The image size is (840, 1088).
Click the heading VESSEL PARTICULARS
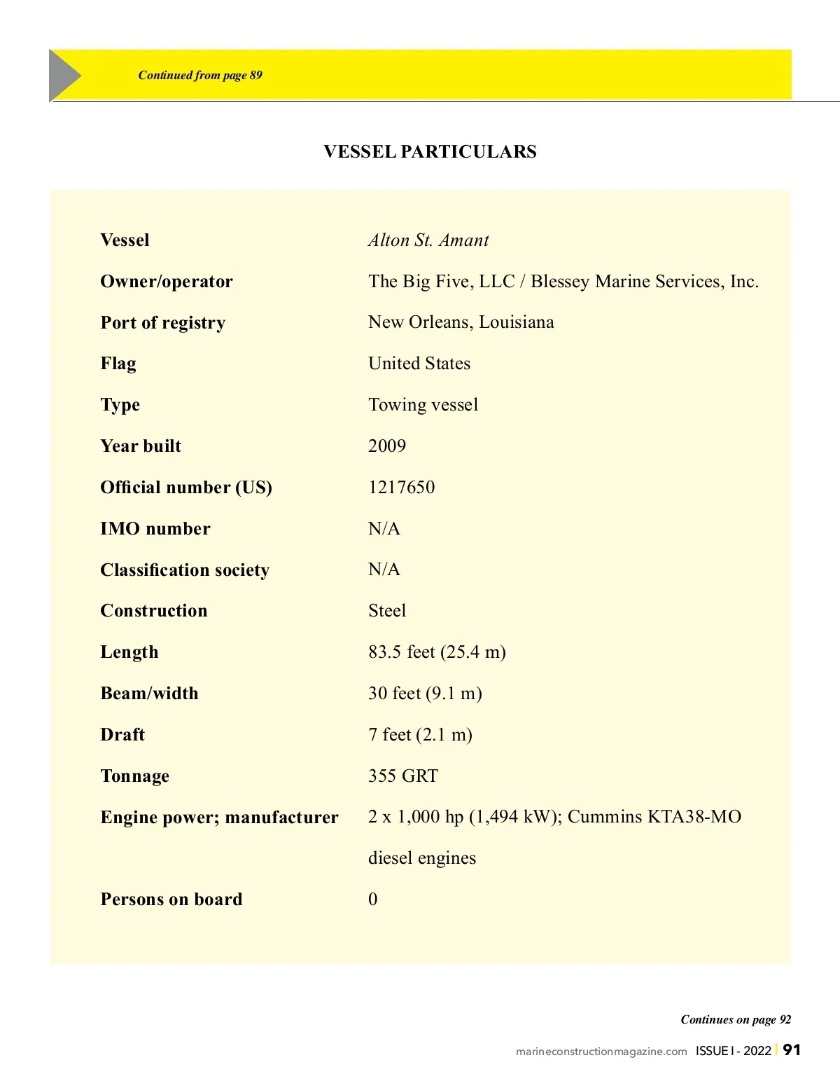430,151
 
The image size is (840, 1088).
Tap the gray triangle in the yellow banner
64,75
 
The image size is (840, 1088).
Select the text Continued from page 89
200,75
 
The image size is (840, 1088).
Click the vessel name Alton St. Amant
428,240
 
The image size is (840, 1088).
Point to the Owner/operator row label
167,282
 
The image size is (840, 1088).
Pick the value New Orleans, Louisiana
461,322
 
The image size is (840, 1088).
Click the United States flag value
419,364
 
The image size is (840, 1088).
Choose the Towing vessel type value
423,405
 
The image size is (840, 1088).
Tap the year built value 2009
387,446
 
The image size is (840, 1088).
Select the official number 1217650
401,488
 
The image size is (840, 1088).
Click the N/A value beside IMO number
384,529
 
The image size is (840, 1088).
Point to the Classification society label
185,570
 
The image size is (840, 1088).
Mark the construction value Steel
387,611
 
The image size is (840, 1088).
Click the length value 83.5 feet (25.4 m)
437,652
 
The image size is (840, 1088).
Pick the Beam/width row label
149,694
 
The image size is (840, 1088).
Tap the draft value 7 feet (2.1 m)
420,735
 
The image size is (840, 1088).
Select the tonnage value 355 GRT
403,776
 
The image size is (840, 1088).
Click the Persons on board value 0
373,900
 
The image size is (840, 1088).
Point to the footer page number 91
792,1049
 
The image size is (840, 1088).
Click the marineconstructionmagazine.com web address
601,1052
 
